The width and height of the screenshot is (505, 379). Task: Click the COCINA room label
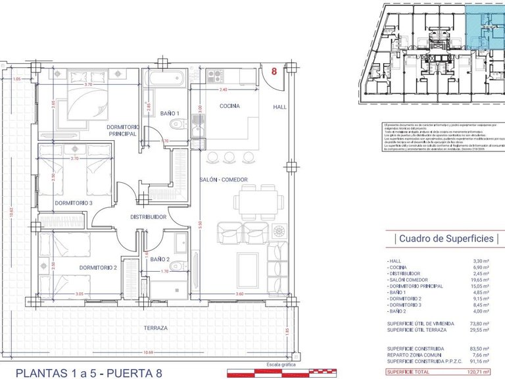click(x=229, y=106)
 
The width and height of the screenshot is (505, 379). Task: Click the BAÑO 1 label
click(x=170, y=114)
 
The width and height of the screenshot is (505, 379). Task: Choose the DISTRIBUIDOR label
click(x=148, y=216)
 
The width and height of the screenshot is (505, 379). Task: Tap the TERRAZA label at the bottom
click(x=156, y=327)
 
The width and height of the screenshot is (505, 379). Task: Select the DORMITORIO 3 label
click(x=74, y=203)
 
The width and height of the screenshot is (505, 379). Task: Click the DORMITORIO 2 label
click(x=98, y=267)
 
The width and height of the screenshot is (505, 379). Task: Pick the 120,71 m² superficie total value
click(x=485, y=372)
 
